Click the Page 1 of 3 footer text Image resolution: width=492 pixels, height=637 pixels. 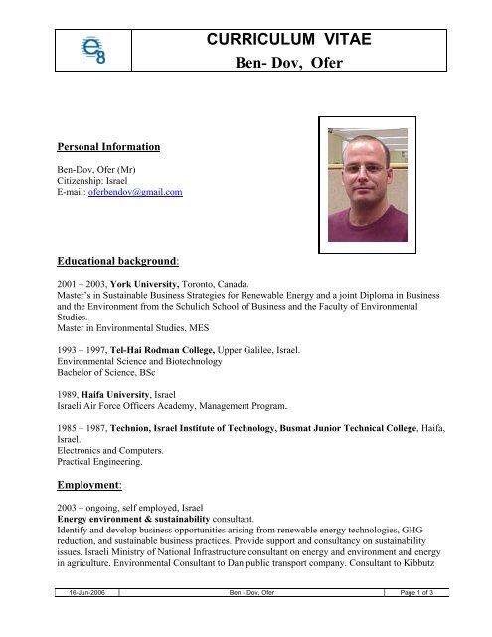point(415,621)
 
